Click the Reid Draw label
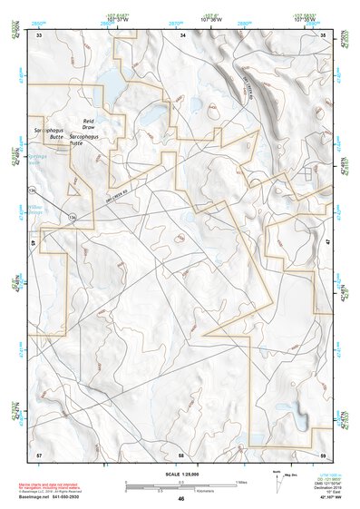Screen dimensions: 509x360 click(x=89, y=124)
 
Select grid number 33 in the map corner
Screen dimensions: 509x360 click(x=39, y=35)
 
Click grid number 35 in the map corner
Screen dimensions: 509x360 click(x=324, y=35)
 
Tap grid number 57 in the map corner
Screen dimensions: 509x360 click(x=39, y=453)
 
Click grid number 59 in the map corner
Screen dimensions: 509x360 click(x=324, y=453)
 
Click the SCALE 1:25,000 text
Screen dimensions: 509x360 click(x=181, y=475)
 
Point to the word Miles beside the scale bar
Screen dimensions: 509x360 click(x=241, y=481)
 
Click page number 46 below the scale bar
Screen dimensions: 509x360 click(x=181, y=500)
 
